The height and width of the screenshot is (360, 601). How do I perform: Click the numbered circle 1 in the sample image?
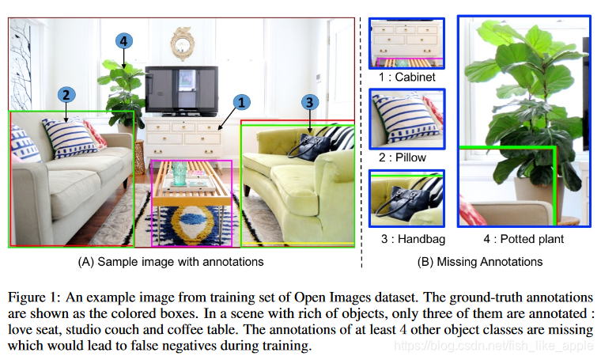pos(242,101)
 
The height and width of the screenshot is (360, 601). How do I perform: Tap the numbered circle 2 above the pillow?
pos(67,94)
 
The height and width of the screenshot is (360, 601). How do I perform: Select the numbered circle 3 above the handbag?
pos(311,102)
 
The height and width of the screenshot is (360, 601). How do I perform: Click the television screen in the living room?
pos(181,89)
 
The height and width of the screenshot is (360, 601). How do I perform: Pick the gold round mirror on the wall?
pos(183,41)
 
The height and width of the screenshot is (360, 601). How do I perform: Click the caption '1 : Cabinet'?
pos(407,78)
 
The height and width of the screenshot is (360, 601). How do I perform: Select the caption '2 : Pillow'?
pos(407,158)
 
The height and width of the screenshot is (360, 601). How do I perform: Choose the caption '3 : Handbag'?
pos(407,238)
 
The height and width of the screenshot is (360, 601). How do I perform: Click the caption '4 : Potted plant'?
pos(524,238)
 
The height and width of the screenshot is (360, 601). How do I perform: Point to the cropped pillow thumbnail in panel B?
pos(407,119)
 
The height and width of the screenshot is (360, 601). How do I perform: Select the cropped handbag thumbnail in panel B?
pos(407,199)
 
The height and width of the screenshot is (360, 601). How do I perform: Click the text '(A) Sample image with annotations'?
pos(170,260)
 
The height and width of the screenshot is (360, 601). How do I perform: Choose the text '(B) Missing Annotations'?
pos(478,260)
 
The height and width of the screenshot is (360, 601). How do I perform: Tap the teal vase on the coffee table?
pos(181,169)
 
